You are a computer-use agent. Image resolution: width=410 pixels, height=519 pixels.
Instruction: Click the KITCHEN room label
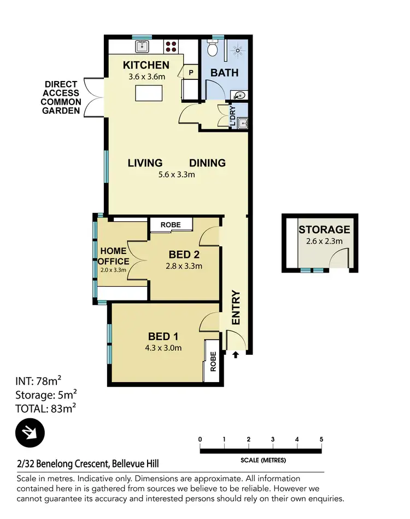coord(145,66)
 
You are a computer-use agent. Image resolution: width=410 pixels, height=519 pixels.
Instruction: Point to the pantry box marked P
coord(191,72)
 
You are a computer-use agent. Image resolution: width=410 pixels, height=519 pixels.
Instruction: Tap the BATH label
coord(224,72)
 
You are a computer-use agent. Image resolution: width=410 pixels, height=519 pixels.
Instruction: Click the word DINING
coord(207,163)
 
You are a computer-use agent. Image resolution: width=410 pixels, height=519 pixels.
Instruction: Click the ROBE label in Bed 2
coord(171,224)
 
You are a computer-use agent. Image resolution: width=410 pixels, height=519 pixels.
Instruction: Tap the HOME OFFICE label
coord(114,256)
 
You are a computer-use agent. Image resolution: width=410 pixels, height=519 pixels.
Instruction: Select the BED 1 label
coord(165,337)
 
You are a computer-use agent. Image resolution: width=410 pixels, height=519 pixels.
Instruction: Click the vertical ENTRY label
coord(236,308)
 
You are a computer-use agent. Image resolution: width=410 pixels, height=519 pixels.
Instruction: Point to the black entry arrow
coord(236,355)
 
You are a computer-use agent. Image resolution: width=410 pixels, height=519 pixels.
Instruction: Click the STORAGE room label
coord(324,229)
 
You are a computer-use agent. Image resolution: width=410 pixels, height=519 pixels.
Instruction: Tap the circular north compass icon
coord(30,432)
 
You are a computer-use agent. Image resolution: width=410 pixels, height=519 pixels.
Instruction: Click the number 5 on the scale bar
coord(321,440)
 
